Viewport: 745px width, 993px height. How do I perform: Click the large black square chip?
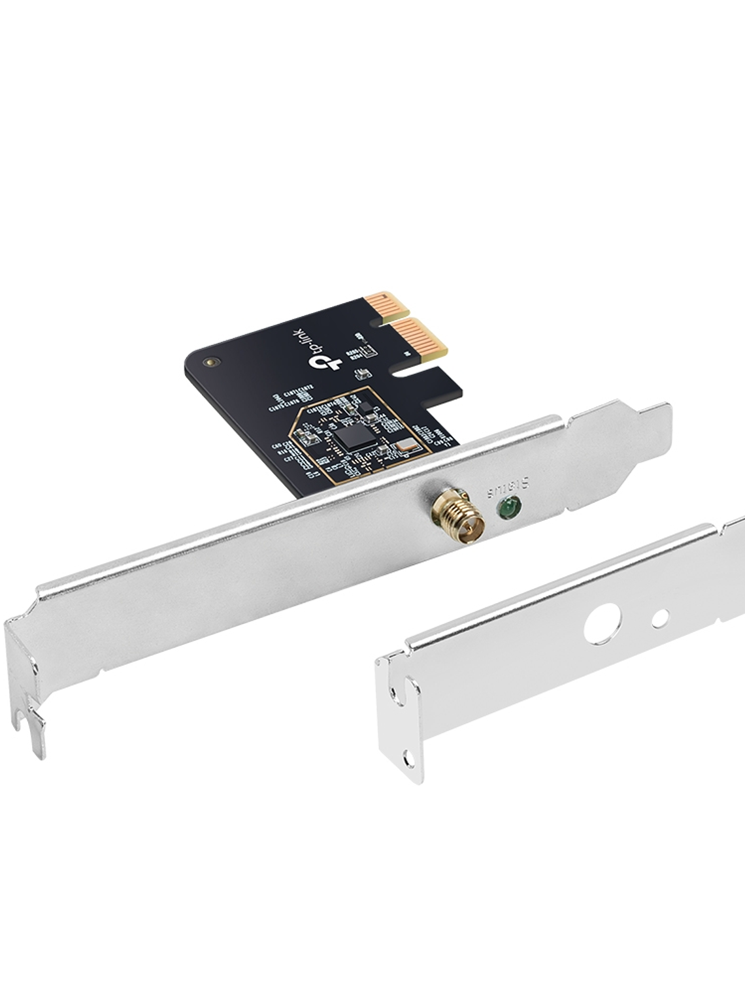click(x=354, y=434)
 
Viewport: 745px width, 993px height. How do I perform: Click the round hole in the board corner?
click(x=209, y=360)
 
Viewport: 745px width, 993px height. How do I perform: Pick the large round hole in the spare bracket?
click(x=599, y=624)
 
